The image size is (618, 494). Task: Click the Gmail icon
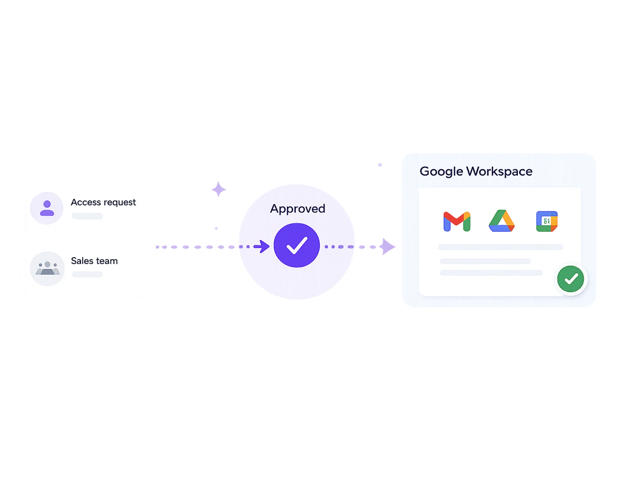[457, 221]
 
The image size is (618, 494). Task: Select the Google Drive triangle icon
[501, 221]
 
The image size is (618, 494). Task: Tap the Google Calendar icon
[546, 221]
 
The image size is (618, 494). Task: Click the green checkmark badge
[571, 279]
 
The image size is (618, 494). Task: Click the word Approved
[298, 209]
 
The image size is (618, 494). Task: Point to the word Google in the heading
[441, 171]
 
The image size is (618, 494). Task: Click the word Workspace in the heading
[499, 171]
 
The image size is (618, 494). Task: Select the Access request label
[103, 202]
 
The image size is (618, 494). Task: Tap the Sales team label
[94, 261]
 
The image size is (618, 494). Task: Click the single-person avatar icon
[47, 208]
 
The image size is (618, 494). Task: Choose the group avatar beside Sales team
[47, 268]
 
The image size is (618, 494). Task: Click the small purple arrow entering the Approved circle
[262, 246]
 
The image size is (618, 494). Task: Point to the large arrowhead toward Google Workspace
[388, 247]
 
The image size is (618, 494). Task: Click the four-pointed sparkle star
[219, 189]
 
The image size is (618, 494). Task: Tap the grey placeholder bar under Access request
[87, 216]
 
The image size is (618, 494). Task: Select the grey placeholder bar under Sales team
[87, 274]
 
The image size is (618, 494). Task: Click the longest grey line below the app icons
[500, 247]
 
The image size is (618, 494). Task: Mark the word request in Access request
[120, 203]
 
